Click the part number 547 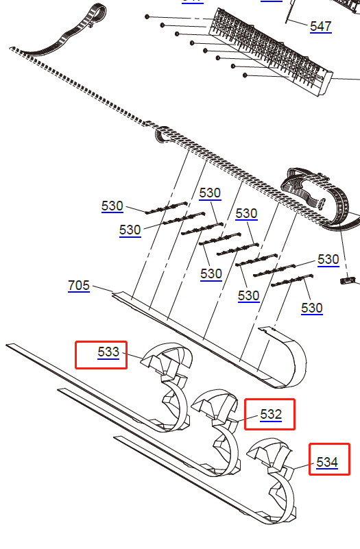tap(320, 27)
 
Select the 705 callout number tap(79, 285)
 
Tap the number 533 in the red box tap(108, 352)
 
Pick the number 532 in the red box tap(271, 414)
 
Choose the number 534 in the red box tap(327, 462)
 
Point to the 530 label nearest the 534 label tap(311, 308)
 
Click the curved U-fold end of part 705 tap(291, 356)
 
